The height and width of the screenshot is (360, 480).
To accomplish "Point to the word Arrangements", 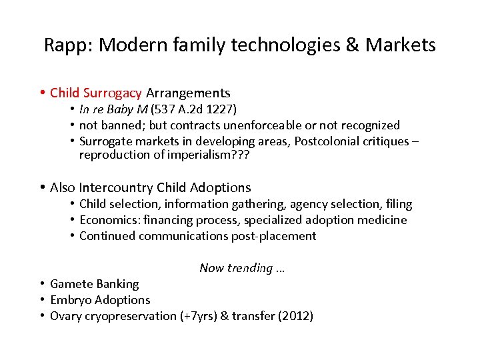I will tap(188, 93).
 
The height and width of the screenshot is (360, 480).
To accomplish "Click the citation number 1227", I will tap(221, 109).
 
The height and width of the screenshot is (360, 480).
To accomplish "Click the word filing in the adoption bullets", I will tap(398, 204).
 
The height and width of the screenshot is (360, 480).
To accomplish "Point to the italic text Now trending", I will tap(241, 268).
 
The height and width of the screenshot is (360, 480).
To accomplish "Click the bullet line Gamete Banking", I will tap(95, 284).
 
